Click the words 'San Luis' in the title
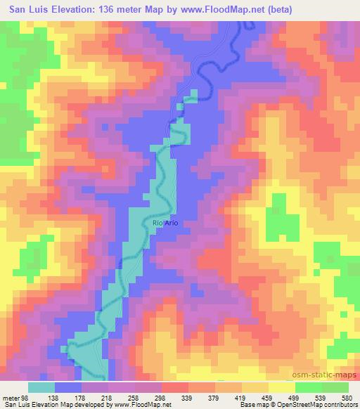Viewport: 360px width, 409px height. click(26, 10)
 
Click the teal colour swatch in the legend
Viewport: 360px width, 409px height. click(41, 387)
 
